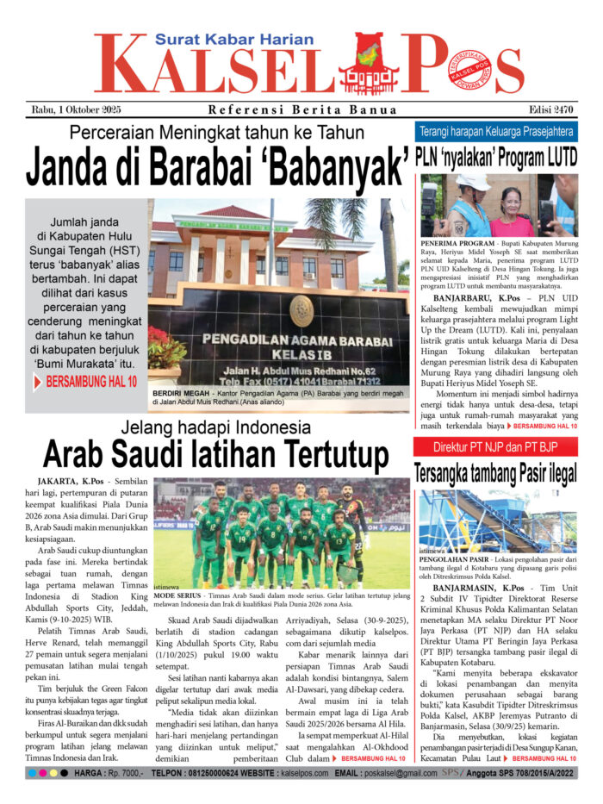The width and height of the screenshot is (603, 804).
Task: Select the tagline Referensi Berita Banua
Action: click(302, 109)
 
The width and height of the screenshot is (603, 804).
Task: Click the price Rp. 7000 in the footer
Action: click(126, 775)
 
